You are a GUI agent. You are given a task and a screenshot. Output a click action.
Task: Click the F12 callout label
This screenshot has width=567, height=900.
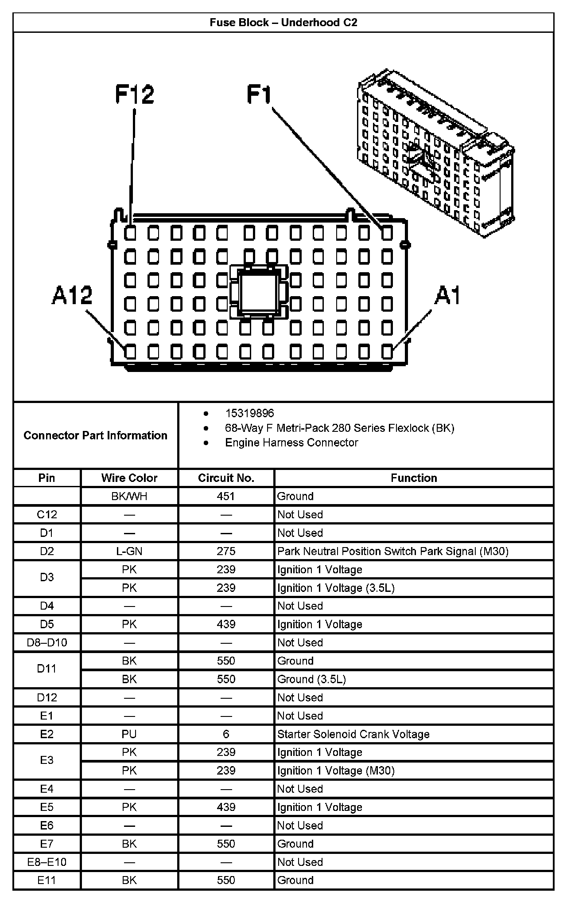(x=135, y=94)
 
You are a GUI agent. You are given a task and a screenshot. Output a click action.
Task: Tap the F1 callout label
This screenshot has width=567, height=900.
(x=259, y=95)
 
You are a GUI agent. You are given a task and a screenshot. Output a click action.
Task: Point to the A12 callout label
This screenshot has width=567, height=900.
(x=72, y=295)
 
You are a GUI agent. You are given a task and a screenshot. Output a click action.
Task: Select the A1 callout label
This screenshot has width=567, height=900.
(x=447, y=295)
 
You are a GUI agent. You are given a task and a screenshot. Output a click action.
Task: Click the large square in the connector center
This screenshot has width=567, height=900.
(x=257, y=292)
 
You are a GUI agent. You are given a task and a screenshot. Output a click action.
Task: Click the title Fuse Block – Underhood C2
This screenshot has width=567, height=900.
(x=283, y=23)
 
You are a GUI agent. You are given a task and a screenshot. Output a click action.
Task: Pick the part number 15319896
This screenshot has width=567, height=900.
(x=249, y=413)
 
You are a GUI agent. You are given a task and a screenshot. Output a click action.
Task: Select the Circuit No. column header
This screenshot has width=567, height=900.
(x=226, y=478)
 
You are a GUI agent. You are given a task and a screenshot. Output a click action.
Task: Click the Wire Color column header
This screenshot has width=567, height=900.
(x=129, y=478)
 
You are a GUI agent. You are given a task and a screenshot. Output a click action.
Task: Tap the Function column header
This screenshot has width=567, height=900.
(x=414, y=478)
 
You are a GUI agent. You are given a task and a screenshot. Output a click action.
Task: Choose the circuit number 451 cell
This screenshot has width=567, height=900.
(x=226, y=496)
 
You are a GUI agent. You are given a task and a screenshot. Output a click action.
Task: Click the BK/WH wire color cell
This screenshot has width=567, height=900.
(x=129, y=496)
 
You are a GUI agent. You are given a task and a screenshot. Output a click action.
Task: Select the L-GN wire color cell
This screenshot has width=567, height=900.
(x=129, y=551)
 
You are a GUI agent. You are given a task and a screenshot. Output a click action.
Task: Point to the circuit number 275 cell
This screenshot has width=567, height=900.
(x=226, y=551)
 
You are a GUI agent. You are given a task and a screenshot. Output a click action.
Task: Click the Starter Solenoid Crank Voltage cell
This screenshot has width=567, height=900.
(x=353, y=734)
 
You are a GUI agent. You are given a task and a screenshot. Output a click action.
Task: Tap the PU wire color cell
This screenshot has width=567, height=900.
(x=129, y=734)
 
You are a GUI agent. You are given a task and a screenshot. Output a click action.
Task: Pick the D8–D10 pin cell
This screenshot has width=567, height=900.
(x=47, y=642)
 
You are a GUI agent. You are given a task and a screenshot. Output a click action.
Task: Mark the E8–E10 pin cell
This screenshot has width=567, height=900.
(x=47, y=862)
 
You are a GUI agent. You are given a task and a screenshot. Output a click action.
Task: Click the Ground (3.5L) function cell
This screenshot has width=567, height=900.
(x=311, y=679)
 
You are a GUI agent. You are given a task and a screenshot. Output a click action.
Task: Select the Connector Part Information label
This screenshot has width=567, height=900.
(x=95, y=435)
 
